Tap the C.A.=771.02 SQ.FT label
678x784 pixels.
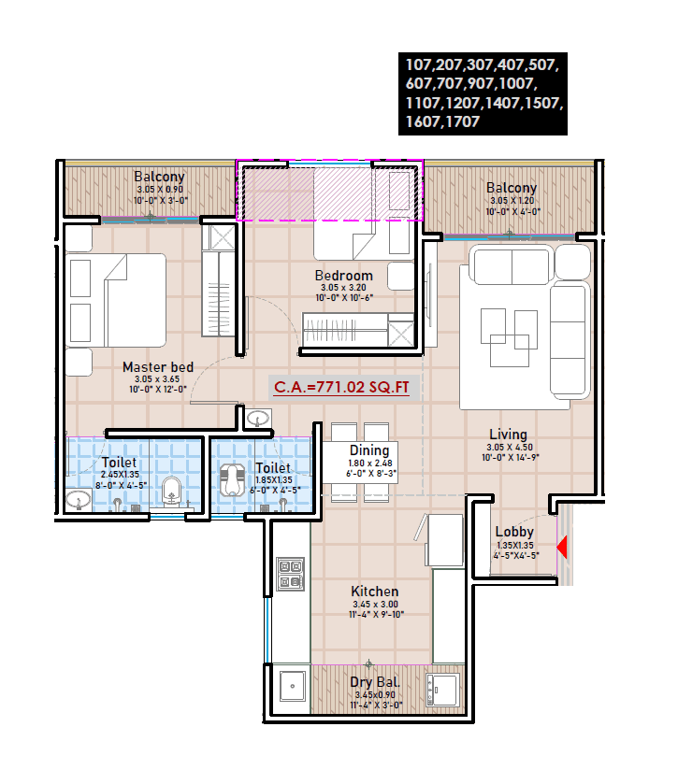341,386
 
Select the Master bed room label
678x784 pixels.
158,367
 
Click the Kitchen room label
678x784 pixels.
374,592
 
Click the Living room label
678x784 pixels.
509,435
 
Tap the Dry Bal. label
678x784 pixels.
374,682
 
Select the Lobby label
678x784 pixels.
514,532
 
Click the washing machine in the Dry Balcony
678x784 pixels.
441,689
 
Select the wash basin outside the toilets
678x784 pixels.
257,419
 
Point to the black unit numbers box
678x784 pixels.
482,94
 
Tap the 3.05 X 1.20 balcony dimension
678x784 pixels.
511,201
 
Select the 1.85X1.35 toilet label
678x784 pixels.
272,480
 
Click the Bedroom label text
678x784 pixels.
343,276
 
